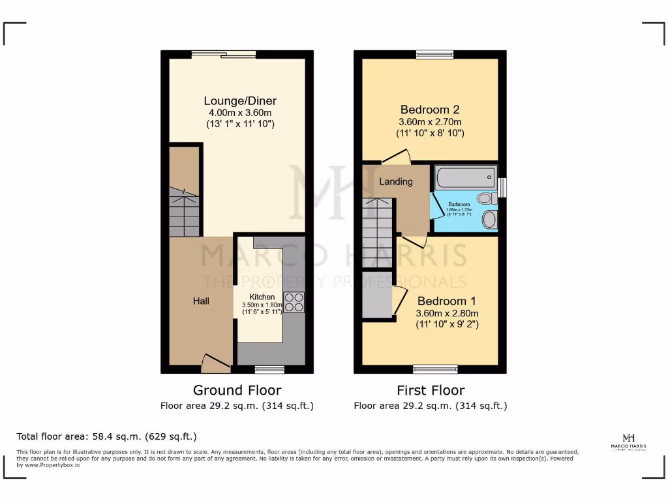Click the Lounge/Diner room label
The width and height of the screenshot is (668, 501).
[240, 101]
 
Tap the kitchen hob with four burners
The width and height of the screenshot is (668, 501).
[294, 303]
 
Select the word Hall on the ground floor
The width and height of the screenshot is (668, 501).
[201, 301]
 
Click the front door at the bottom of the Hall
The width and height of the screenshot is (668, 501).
[215, 362]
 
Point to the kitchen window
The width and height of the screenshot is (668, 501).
[269, 369]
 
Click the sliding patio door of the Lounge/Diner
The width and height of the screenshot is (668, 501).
[224, 55]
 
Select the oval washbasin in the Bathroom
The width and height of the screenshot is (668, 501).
[489, 219]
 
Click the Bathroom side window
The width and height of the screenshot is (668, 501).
[502, 187]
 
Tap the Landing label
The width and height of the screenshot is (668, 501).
[396, 181]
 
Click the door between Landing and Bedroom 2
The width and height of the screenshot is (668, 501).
[396, 156]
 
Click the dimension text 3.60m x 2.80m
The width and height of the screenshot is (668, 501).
[448, 313]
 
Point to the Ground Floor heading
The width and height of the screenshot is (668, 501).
[237, 390]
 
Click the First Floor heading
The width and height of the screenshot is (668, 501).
[431, 390]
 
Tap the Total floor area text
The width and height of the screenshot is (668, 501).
[106, 436]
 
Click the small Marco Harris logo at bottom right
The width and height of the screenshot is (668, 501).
[629, 442]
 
